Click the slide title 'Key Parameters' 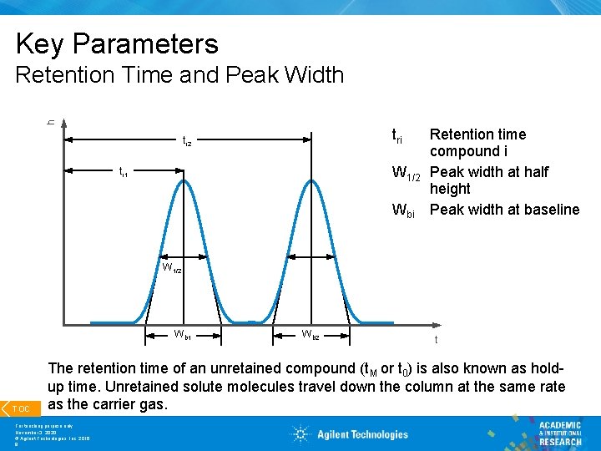(117, 43)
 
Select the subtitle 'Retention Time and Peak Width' (179, 75)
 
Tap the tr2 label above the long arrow (187, 143)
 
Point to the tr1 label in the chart (123, 173)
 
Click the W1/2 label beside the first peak (172, 269)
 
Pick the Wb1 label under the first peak (182, 336)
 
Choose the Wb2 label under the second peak (310, 336)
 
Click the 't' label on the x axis (436, 339)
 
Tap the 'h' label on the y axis (51, 123)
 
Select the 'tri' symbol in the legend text (402, 136)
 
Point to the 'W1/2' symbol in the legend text (407, 174)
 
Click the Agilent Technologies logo (350, 434)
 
